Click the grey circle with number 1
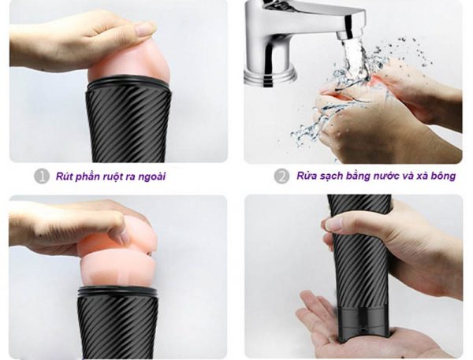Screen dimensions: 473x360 42,176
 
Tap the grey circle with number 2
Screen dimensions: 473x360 281,176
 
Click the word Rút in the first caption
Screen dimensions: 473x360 63,176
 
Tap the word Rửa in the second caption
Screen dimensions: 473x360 305,176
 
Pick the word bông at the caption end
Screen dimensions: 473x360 443,176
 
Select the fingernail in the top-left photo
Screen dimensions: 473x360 145,29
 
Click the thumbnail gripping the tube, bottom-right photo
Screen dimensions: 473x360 334,225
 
